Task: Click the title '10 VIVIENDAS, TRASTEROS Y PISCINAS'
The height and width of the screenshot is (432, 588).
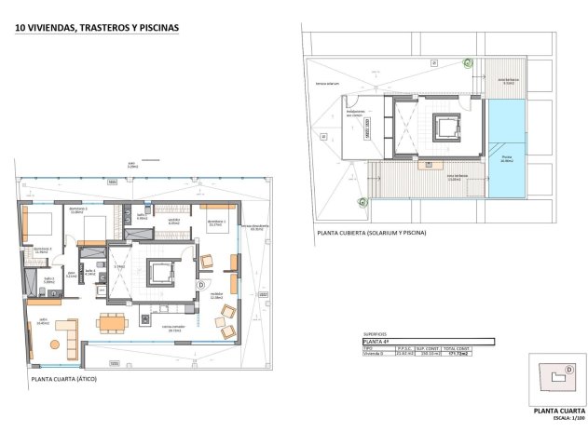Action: [x=97, y=28]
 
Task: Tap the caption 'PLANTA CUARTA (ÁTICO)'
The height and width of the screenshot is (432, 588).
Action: [x=63, y=380]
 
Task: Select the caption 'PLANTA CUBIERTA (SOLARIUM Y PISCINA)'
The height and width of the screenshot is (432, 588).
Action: [x=371, y=233]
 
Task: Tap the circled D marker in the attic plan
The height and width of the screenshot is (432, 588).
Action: [x=201, y=284]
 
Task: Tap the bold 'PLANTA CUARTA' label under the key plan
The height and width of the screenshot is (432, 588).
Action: [x=559, y=409]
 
